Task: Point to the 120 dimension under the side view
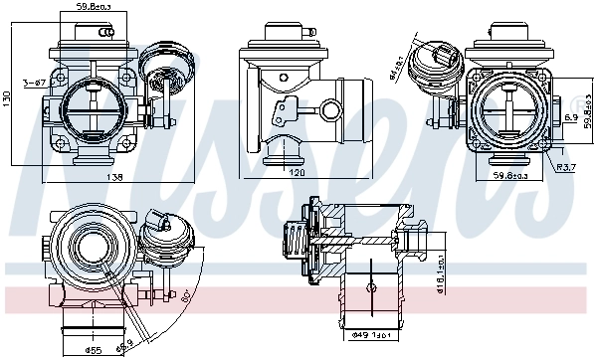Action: click(296, 172)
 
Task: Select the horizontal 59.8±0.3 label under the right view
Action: click(513, 176)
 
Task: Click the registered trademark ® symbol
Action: click(581, 100)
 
